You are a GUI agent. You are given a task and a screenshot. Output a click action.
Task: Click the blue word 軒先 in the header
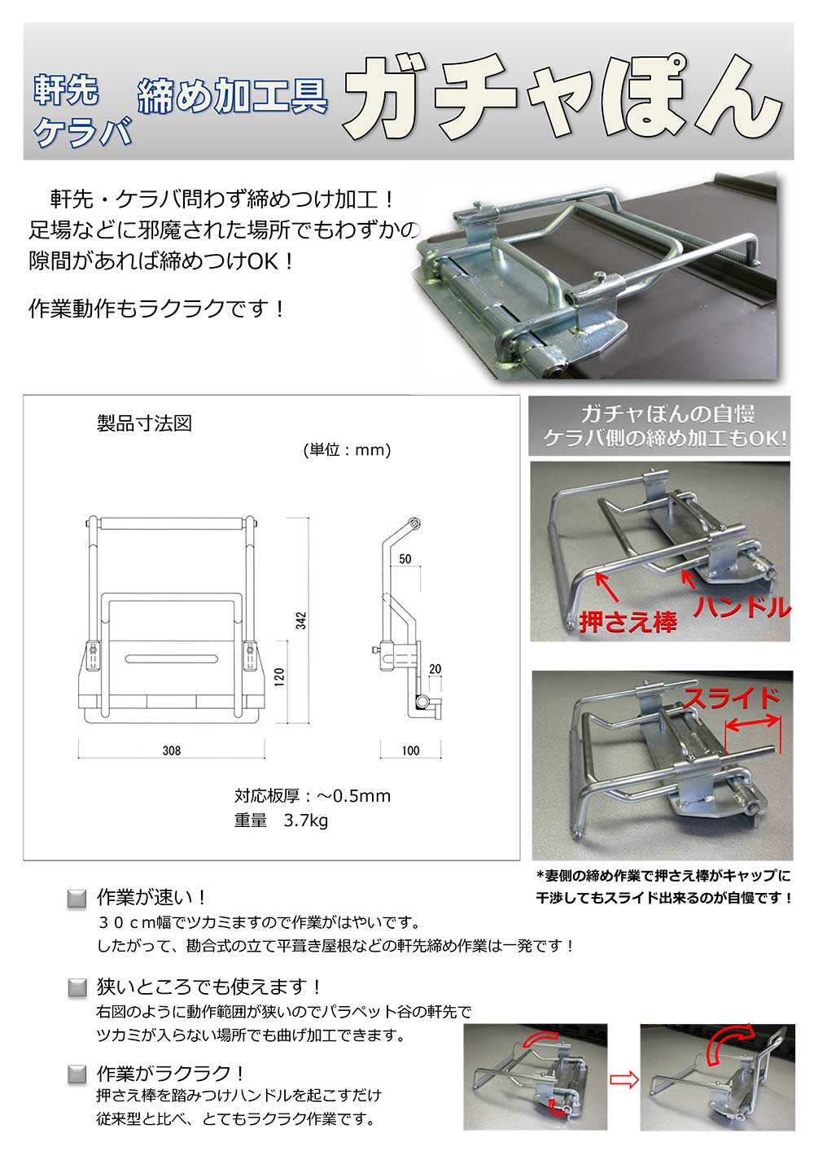click(66, 91)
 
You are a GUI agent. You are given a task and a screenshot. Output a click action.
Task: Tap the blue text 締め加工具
click(232, 98)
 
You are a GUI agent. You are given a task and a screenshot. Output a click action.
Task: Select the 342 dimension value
click(301, 621)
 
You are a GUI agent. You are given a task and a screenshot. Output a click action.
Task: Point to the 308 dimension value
click(171, 751)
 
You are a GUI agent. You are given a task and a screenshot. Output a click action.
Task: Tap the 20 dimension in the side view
click(435, 669)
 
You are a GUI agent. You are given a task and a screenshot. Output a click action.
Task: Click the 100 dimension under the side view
click(410, 751)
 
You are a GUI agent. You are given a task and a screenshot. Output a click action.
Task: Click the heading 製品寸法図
click(144, 424)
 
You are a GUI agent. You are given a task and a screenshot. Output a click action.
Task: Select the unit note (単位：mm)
click(347, 450)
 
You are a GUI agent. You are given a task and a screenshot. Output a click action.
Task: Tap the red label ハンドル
click(742, 607)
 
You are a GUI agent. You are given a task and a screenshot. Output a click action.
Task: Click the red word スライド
click(731, 698)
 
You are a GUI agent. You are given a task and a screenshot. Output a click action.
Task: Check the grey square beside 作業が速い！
click(76, 899)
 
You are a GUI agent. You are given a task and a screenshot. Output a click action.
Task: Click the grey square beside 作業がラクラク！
click(76, 1074)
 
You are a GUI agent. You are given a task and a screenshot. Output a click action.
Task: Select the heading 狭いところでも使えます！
click(209, 987)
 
